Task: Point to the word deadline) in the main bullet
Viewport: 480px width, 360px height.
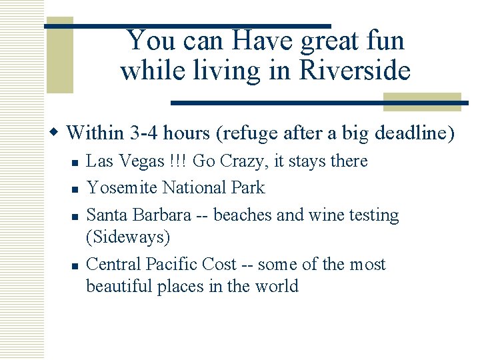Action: click(x=415, y=133)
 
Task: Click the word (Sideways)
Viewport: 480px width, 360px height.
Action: click(x=128, y=237)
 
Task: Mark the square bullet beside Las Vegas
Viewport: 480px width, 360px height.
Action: click(x=75, y=163)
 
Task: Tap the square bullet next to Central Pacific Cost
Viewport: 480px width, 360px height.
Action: click(x=75, y=265)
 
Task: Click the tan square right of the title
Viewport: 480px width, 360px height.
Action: click(x=422, y=101)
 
